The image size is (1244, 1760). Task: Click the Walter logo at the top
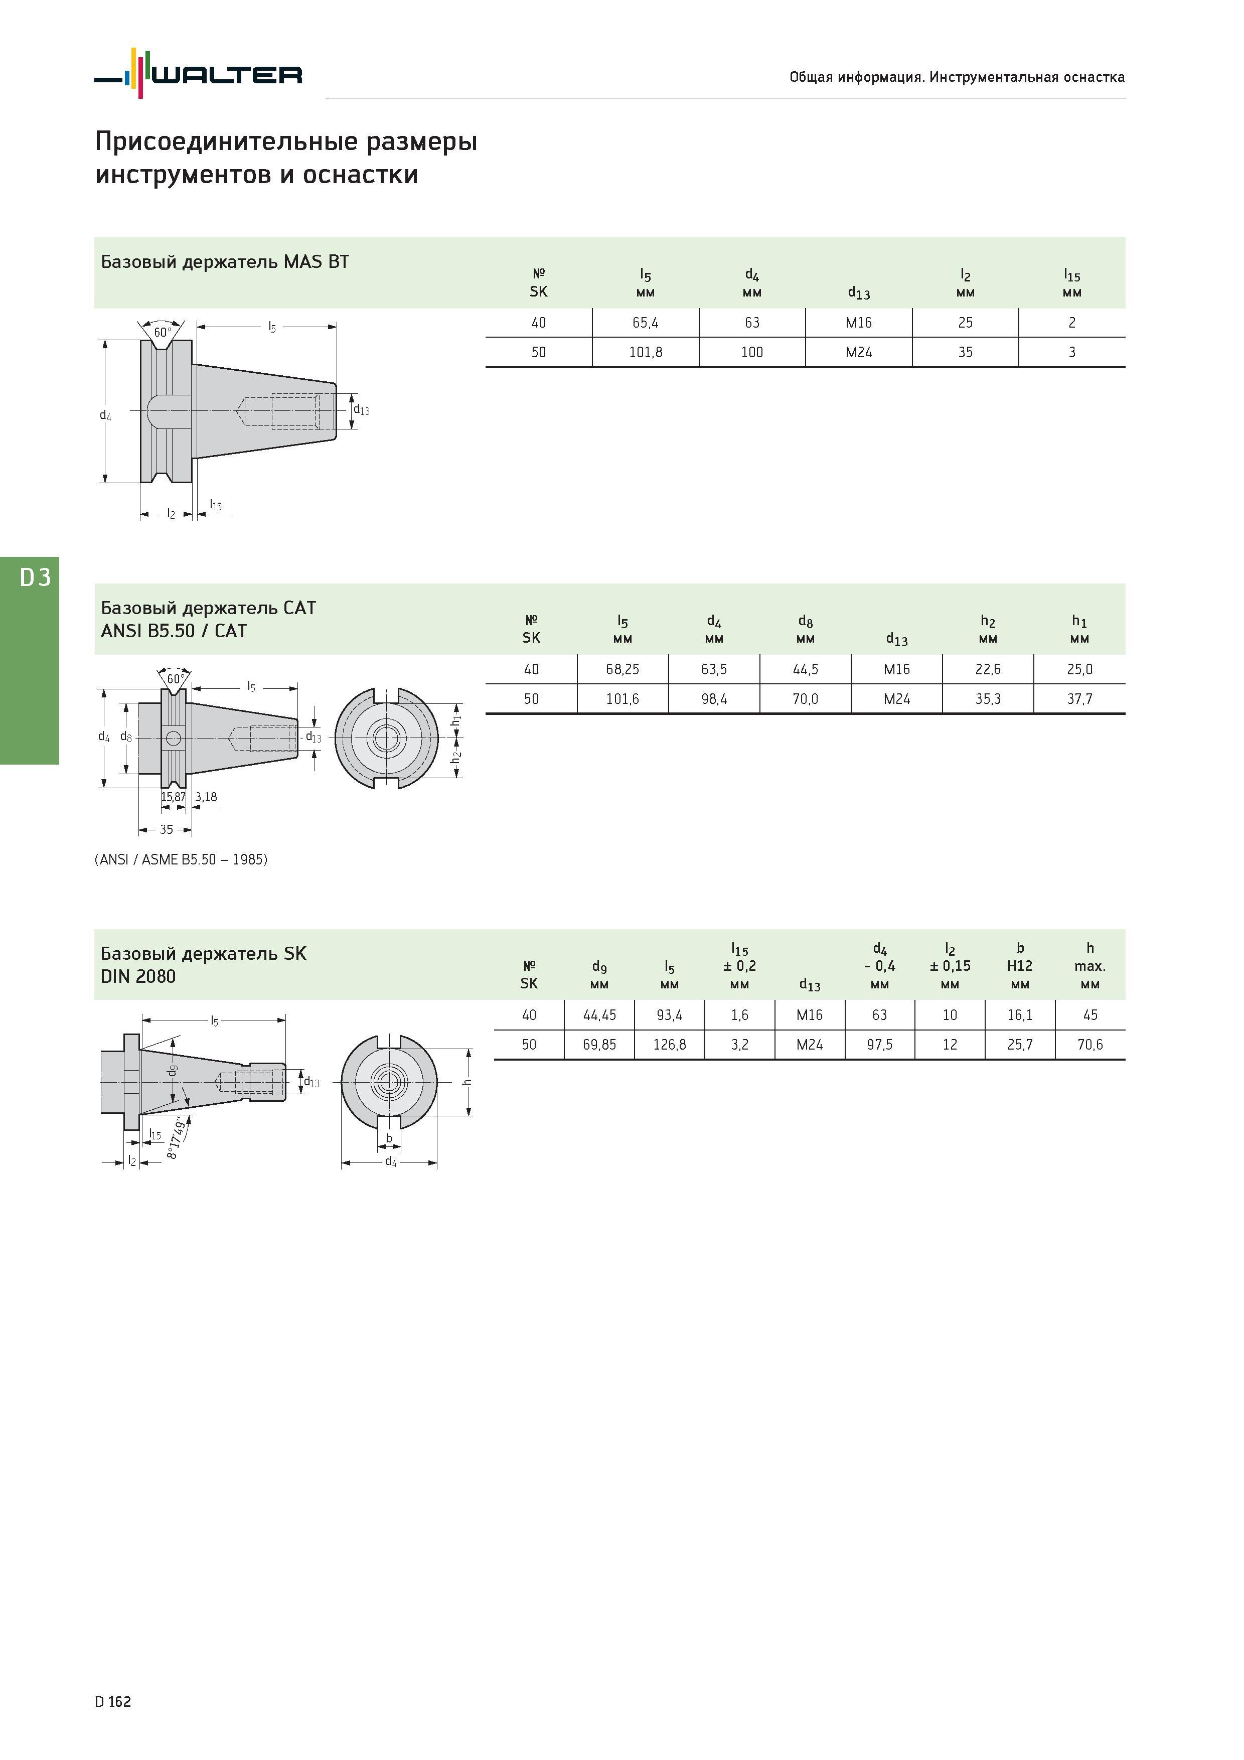[199, 74]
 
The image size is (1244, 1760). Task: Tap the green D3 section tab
[29, 660]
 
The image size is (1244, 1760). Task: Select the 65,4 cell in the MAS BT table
[646, 323]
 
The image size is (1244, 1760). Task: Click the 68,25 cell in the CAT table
[623, 669]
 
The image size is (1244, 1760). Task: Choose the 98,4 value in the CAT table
[714, 699]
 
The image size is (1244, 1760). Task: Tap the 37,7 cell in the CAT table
[1079, 699]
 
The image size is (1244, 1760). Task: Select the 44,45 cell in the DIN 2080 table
[599, 1015]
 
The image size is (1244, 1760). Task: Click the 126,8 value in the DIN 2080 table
[669, 1045]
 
